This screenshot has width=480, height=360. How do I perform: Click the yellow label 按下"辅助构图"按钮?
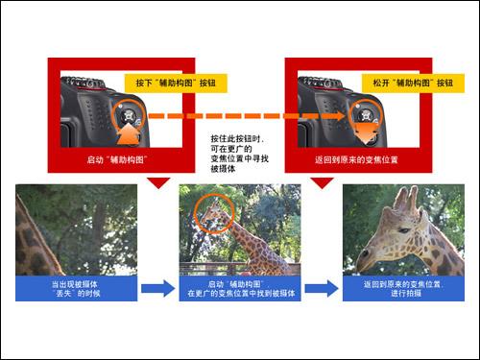click(176, 84)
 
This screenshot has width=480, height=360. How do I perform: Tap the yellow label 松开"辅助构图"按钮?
click(413, 84)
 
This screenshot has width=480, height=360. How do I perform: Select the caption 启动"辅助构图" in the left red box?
click(117, 159)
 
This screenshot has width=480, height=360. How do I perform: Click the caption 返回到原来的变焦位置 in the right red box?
click(356, 159)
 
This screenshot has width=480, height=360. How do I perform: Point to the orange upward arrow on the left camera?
click(130, 134)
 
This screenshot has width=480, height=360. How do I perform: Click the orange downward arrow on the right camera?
click(367, 133)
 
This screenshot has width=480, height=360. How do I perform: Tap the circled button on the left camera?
click(129, 115)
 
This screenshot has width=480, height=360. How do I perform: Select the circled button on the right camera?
click(366, 115)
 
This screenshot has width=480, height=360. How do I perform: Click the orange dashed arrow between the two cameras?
click(247, 116)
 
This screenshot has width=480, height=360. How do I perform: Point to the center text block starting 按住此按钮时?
click(239, 154)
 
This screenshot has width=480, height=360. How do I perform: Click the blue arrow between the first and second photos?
click(158, 288)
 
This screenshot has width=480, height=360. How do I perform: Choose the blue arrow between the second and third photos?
click(322, 288)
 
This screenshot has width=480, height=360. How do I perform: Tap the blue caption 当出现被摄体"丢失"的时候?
click(77, 289)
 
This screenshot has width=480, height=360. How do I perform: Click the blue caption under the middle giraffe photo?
click(240, 289)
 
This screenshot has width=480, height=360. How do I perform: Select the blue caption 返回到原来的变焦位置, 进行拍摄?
click(403, 289)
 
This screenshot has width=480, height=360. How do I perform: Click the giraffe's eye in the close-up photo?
click(404, 230)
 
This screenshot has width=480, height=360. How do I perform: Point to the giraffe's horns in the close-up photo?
click(407, 198)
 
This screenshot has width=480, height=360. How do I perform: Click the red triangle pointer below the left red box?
click(158, 182)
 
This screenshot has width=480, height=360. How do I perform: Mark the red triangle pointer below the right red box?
click(323, 182)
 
